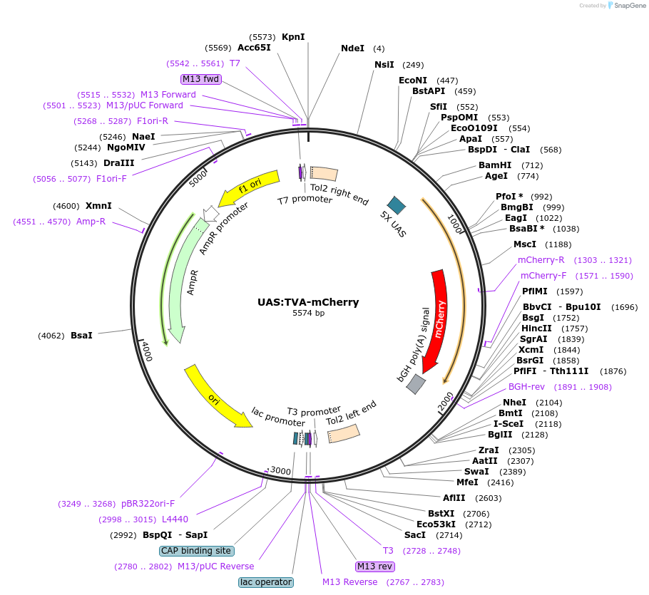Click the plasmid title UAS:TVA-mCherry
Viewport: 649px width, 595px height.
click(x=308, y=302)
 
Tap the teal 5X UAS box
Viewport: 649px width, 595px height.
click(x=396, y=205)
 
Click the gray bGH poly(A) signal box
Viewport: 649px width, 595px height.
click(x=416, y=384)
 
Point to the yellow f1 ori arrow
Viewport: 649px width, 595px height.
click(x=252, y=187)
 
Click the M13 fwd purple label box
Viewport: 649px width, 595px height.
click(x=201, y=79)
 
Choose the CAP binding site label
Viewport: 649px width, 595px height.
click(x=196, y=551)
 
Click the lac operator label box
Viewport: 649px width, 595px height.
click(x=265, y=582)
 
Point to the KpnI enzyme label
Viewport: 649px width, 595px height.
click(x=293, y=36)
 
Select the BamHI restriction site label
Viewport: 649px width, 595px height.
click(x=496, y=165)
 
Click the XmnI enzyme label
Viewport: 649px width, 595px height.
click(x=98, y=206)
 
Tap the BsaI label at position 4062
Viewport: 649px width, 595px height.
click(x=81, y=335)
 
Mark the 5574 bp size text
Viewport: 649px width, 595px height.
click(x=308, y=313)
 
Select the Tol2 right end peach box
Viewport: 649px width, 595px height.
click(x=324, y=173)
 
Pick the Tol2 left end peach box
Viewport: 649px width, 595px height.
click(x=344, y=433)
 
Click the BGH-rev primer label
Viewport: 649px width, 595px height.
click(x=526, y=387)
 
